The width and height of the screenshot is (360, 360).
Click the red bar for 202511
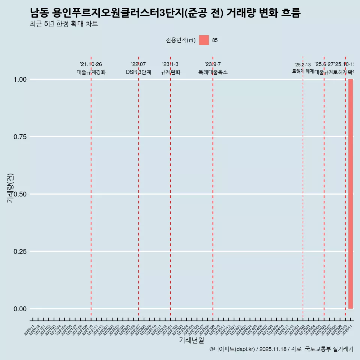[x=351, y=194]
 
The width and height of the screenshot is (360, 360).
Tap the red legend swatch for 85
[x=204, y=40]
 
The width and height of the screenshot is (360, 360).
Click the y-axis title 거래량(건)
[x=10, y=188]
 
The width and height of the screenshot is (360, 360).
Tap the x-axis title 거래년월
[x=191, y=340]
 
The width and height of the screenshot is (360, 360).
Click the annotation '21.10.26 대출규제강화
[x=91, y=68]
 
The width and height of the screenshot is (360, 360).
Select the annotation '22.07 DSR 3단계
[x=138, y=68]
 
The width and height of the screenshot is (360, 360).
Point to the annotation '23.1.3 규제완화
[x=171, y=68]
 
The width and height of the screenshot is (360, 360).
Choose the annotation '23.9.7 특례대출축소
[x=213, y=68]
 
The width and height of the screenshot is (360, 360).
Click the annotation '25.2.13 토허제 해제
[x=303, y=68]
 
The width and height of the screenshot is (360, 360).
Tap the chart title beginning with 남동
[x=165, y=13]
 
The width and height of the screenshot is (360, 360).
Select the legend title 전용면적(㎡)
[x=180, y=40]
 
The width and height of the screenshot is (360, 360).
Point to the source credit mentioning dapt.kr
[x=281, y=349]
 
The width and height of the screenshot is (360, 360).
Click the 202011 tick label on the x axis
[x=30, y=330]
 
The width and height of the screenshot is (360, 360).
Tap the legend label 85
[x=215, y=40]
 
